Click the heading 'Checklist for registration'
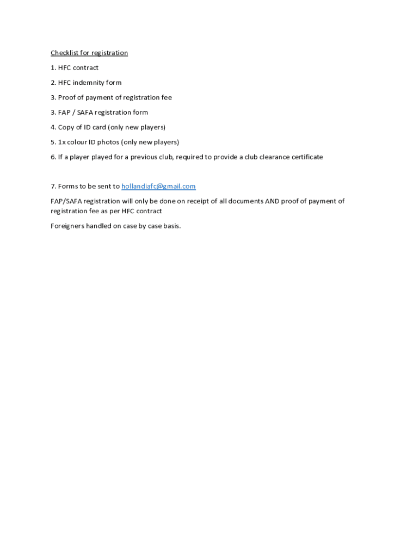tap(89, 53)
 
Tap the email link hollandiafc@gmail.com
tap(158, 186)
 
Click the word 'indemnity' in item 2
tap(89, 83)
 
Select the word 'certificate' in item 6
tap(306, 157)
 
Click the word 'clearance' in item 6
tap(273, 157)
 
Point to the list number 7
tap(53, 186)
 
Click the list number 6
tap(53, 157)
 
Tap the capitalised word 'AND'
tap(272, 201)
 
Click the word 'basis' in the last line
tap(171, 226)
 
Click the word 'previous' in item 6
tap(144, 157)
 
